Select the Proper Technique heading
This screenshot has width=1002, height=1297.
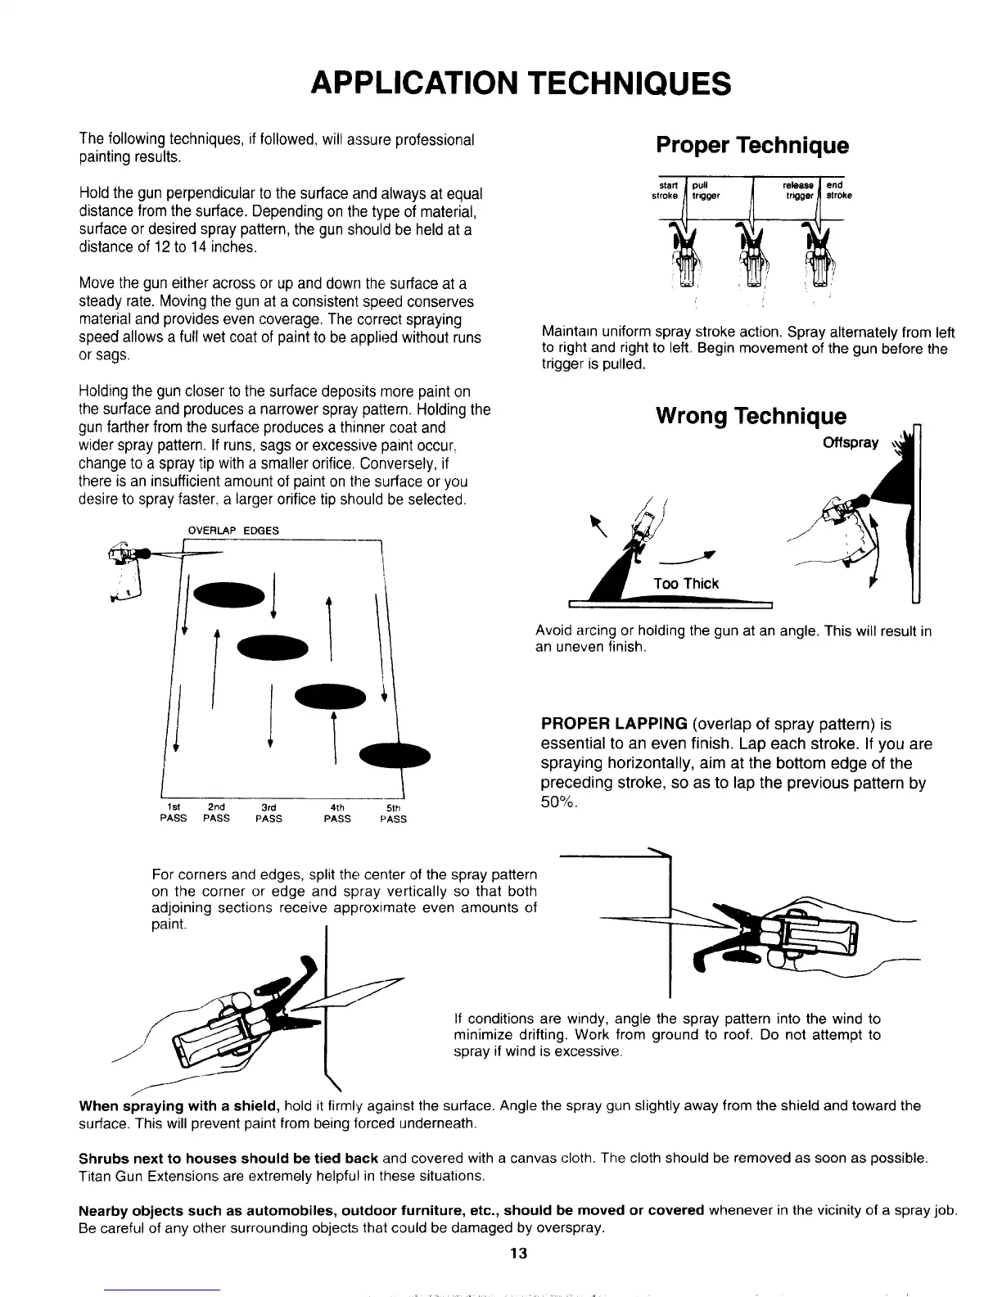coord(751,146)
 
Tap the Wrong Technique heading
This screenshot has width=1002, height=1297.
coord(751,416)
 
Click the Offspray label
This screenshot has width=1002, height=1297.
coord(851,443)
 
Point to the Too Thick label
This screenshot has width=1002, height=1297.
coord(686,583)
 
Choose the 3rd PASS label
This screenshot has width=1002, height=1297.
coord(269,812)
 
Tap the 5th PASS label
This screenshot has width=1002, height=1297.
coord(393,812)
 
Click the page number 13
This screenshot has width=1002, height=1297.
coord(517,1254)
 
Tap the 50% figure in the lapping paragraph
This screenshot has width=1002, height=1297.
coord(559,802)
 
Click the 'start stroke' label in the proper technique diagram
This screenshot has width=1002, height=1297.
coord(665,190)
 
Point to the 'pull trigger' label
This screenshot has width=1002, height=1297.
coord(705,190)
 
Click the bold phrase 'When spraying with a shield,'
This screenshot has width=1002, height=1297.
coord(179,1106)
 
